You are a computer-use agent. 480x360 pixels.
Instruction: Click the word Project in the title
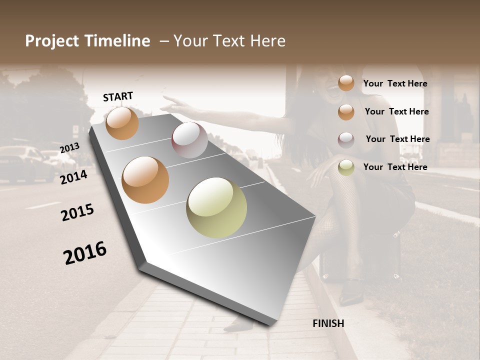coord(51,41)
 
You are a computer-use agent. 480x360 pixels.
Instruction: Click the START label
coord(118,96)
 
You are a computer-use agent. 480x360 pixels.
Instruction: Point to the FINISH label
coord(328,323)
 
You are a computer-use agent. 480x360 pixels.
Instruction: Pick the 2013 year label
coord(69,148)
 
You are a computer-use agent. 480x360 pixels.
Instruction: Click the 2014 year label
coord(73,177)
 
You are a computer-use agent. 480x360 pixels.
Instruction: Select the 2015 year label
coord(77,212)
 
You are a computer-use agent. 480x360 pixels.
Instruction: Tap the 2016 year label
coord(85,253)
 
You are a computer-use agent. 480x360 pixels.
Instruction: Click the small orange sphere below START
coord(122,123)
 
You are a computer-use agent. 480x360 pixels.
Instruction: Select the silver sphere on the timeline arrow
coord(189,140)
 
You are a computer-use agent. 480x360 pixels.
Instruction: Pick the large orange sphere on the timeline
coord(145,180)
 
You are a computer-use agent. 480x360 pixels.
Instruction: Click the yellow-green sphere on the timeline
coord(216,207)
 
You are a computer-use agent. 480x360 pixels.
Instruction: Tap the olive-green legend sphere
coord(346,167)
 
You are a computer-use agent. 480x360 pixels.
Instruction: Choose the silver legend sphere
coord(346,140)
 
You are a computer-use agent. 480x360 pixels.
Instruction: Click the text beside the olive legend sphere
coord(395,167)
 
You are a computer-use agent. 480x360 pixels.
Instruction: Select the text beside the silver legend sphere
coord(397,139)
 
